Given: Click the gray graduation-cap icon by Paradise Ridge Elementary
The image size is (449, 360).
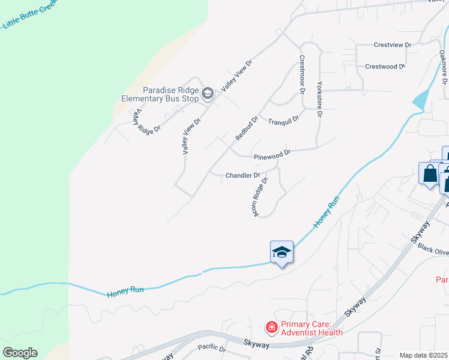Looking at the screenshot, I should point(208,92).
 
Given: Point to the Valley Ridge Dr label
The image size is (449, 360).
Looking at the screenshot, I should point(147,121).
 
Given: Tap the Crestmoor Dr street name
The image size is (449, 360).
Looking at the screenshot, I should point(302,76).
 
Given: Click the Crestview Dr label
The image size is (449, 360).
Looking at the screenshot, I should point(392,45).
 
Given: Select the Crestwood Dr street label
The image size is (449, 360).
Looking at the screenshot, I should point(385,67).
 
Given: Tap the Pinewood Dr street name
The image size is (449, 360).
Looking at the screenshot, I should point(272,155).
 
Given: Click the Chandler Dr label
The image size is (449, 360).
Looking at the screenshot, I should point(243,176).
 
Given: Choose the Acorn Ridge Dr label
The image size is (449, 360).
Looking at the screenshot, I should point(259,197).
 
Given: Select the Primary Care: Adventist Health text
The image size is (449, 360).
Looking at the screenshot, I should point(312,328).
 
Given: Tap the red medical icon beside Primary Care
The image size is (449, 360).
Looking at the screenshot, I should point(271,328).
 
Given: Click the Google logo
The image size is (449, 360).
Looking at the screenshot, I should point(20,353).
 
